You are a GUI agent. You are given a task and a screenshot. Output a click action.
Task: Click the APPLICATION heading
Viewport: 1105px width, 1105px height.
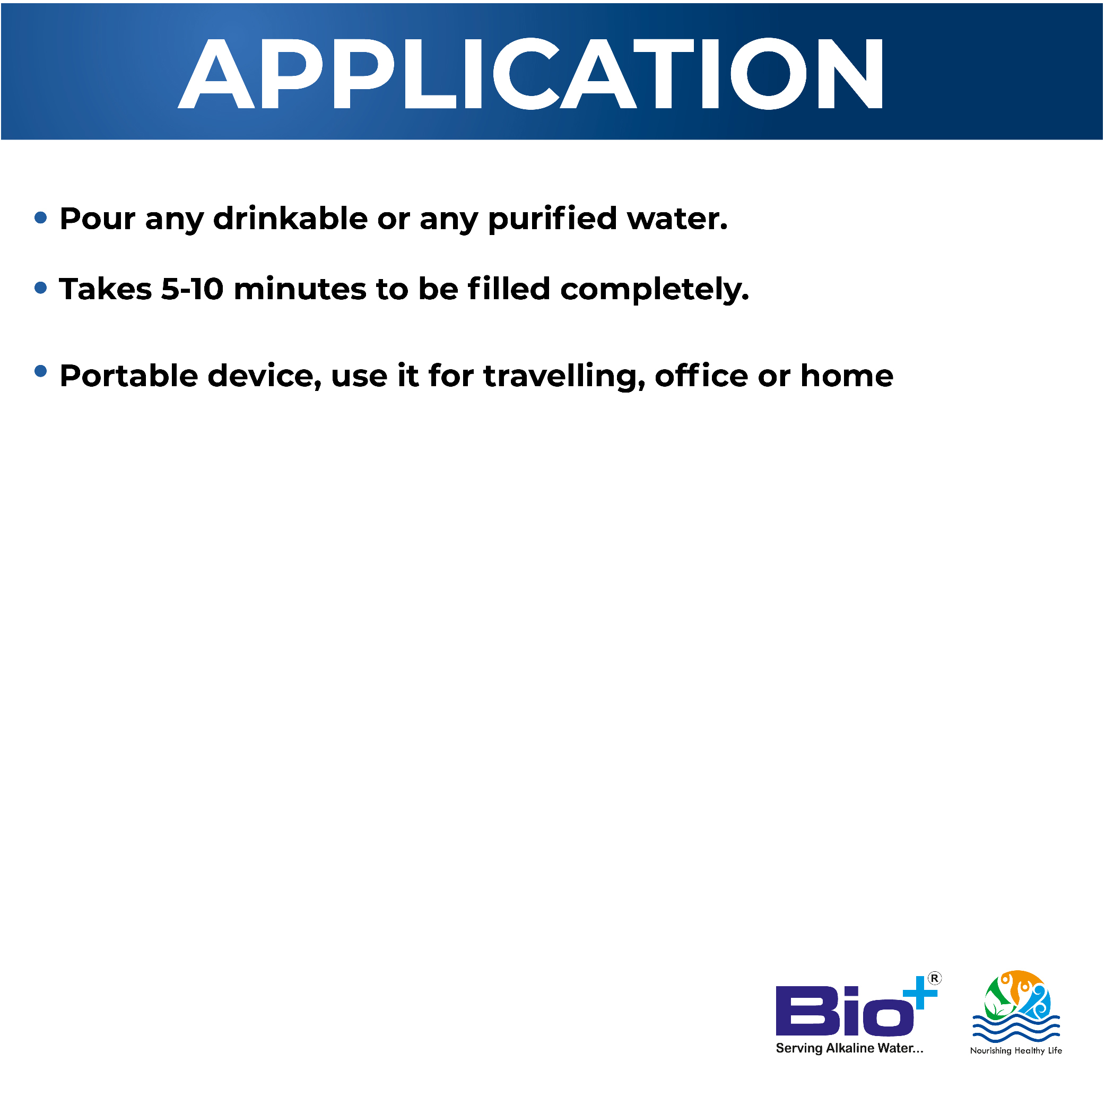pyautogui.click(x=532, y=74)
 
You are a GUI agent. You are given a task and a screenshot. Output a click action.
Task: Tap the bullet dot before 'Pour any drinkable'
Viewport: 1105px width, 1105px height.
pyautogui.click(x=41, y=217)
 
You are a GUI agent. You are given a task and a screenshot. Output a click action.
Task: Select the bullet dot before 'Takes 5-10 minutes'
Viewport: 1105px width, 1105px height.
pyautogui.click(x=41, y=288)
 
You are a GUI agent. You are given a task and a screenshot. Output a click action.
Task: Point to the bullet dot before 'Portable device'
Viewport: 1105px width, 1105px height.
pyautogui.click(x=41, y=371)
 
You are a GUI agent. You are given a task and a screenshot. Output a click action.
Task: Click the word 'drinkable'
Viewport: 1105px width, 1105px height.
pyautogui.click(x=291, y=219)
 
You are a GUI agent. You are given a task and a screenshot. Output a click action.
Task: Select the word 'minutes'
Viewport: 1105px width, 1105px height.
pyautogui.click(x=300, y=290)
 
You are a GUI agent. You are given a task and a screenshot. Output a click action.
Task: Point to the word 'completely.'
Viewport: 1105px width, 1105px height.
pyautogui.click(x=655, y=290)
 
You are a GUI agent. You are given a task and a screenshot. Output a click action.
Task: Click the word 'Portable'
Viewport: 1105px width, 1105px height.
pyautogui.click(x=129, y=376)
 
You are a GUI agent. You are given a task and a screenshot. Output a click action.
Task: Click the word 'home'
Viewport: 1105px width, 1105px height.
pyautogui.click(x=847, y=376)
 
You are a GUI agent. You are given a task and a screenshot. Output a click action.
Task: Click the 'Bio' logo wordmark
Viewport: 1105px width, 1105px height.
pyautogui.click(x=844, y=1011)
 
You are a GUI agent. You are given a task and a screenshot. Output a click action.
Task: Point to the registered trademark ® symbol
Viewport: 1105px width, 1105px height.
pyautogui.click(x=935, y=979)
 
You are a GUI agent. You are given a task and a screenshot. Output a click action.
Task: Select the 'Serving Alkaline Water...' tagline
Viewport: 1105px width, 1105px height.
pyautogui.click(x=849, y=1048)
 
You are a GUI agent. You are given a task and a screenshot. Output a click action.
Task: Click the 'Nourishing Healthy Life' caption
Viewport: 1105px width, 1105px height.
pyautogui.click(x=1016, y=1051)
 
